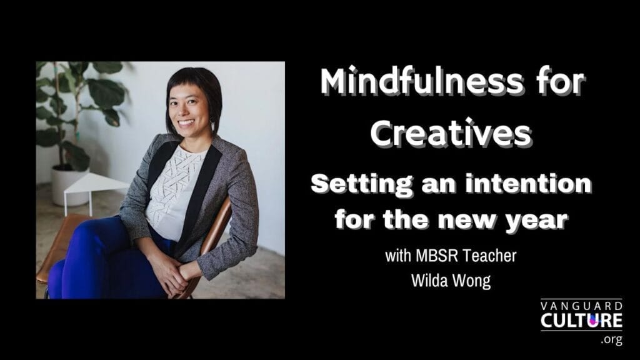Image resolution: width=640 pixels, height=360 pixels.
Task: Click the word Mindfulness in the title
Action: pyautogui.click(x=421, y=82)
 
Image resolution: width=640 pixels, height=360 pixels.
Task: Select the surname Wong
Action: pyautogui.click(x=471, y=281)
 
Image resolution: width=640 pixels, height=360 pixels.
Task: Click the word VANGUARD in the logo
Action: pyautogui.click(x=582, y=306)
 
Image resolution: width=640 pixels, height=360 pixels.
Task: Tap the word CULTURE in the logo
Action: pyautogui.click(x=582, y=321)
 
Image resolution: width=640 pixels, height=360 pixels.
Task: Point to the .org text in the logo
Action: pyautogui.click(x=611, y=339)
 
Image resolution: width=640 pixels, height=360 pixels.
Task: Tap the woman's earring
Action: pyautogui.click(x=212, y=125)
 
